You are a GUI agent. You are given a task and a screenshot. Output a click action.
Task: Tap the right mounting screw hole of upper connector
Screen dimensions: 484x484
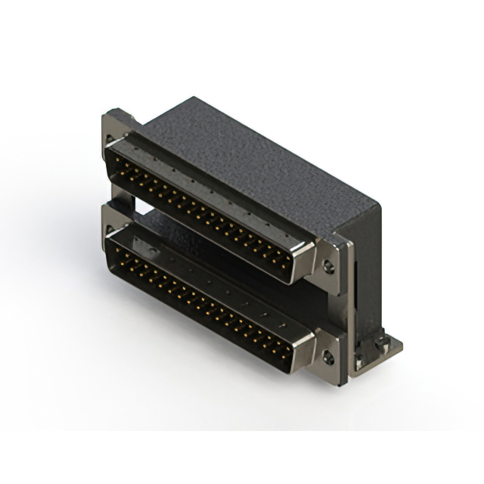click(x=328, y=266)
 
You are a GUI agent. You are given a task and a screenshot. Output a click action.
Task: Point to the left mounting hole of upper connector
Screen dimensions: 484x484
click(x=111, y=140)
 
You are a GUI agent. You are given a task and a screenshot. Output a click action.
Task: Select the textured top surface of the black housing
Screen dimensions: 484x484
click(x=257, y=159)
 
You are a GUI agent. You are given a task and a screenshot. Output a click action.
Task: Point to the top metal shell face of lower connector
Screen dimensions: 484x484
click(x=227, y=284)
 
